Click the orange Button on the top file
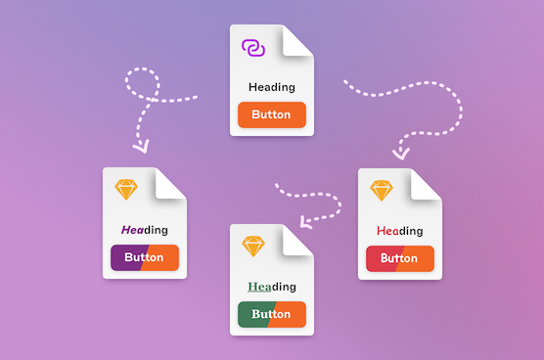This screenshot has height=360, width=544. pos(271,114)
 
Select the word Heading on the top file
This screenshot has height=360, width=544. pos(271,87)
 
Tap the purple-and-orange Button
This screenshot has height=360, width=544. pos(144,258)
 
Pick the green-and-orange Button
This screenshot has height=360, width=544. pos(271,314)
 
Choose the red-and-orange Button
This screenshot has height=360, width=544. pos(399,258)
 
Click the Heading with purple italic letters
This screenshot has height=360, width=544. pos(144,230)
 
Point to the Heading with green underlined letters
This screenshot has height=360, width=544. pos(271,287)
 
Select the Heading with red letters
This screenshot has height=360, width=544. pos(399,231)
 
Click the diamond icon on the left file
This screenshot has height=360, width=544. pos(126,190)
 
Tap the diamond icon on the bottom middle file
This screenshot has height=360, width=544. pos(253,246)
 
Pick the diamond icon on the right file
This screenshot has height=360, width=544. pos(381,190)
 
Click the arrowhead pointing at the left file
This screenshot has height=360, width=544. pos(141,148)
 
